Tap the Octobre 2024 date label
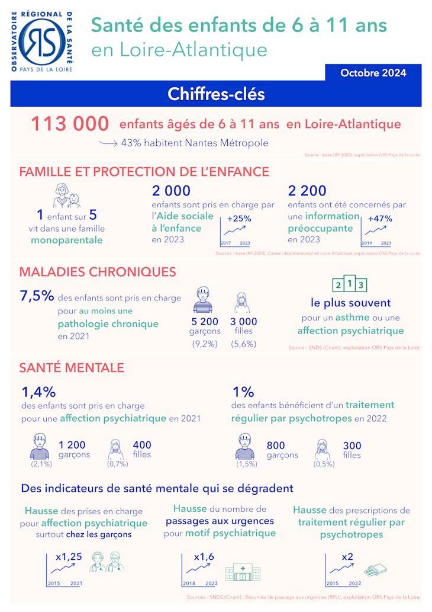(x=373, y=73)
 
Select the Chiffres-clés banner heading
(x=216, y=94)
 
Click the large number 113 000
(x=70, y=124)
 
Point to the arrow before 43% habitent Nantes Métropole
(x=108, y=143)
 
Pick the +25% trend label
(x=239, y=218)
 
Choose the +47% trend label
(x=379, y=218)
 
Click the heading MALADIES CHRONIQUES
(x=98, y=272)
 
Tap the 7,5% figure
(x=37, y=296)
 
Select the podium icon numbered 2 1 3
(x=350, y=285)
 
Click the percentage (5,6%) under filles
(x=243, y=344)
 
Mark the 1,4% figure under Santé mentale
(x=38, y=392)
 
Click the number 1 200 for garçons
(x=72, y=445)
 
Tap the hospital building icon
(x=238, y=572)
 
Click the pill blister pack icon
(x=375, y=571)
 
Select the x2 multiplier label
(x=347, y=557)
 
